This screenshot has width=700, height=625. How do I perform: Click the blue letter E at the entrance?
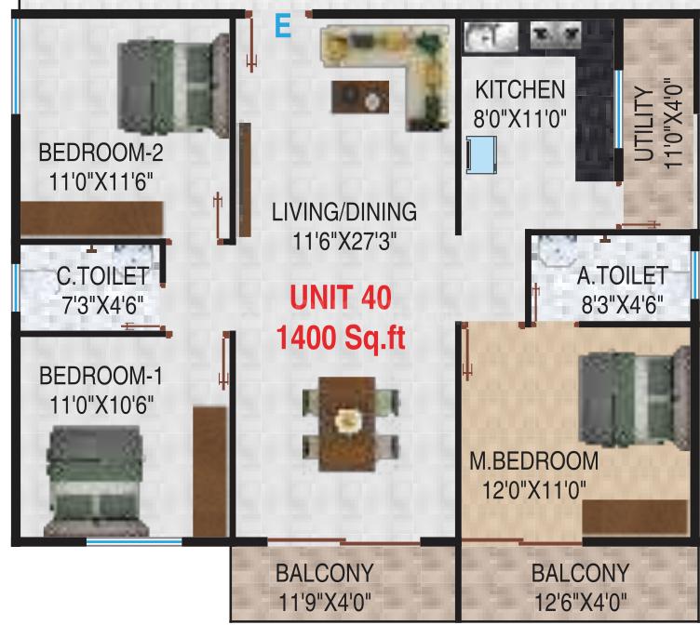point(283,26)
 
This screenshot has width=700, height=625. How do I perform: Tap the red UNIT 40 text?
point(341,298)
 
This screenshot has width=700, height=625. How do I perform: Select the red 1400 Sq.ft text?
point(341,338)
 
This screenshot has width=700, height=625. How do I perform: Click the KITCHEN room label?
point(520,89)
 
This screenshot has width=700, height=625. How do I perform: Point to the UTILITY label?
point(645,124)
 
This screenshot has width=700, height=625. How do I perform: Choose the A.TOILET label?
point(623,275)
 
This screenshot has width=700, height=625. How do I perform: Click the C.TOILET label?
point(103,276)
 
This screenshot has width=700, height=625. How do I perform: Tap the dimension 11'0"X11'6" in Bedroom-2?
point(101,182)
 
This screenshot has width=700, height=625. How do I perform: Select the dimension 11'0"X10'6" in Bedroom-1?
point(101,406)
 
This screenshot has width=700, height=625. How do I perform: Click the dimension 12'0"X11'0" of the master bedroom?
point(534,490)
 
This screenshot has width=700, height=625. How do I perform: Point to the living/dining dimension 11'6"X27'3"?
point(344,241)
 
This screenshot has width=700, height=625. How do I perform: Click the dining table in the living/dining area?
point(347,424)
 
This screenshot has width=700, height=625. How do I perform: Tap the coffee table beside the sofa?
point(360,97)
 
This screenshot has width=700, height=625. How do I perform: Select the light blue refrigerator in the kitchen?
point(481,154)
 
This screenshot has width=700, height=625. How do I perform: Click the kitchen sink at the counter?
point(491,35)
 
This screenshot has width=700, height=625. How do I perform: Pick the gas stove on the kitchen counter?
point(556,34)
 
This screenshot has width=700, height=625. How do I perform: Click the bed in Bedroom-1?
point(95,481)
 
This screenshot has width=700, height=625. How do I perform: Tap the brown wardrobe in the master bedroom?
point(635,516)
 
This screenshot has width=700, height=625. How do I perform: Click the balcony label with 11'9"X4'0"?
point(325,588)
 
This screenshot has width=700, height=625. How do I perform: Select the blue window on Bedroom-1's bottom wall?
point(134,542)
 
